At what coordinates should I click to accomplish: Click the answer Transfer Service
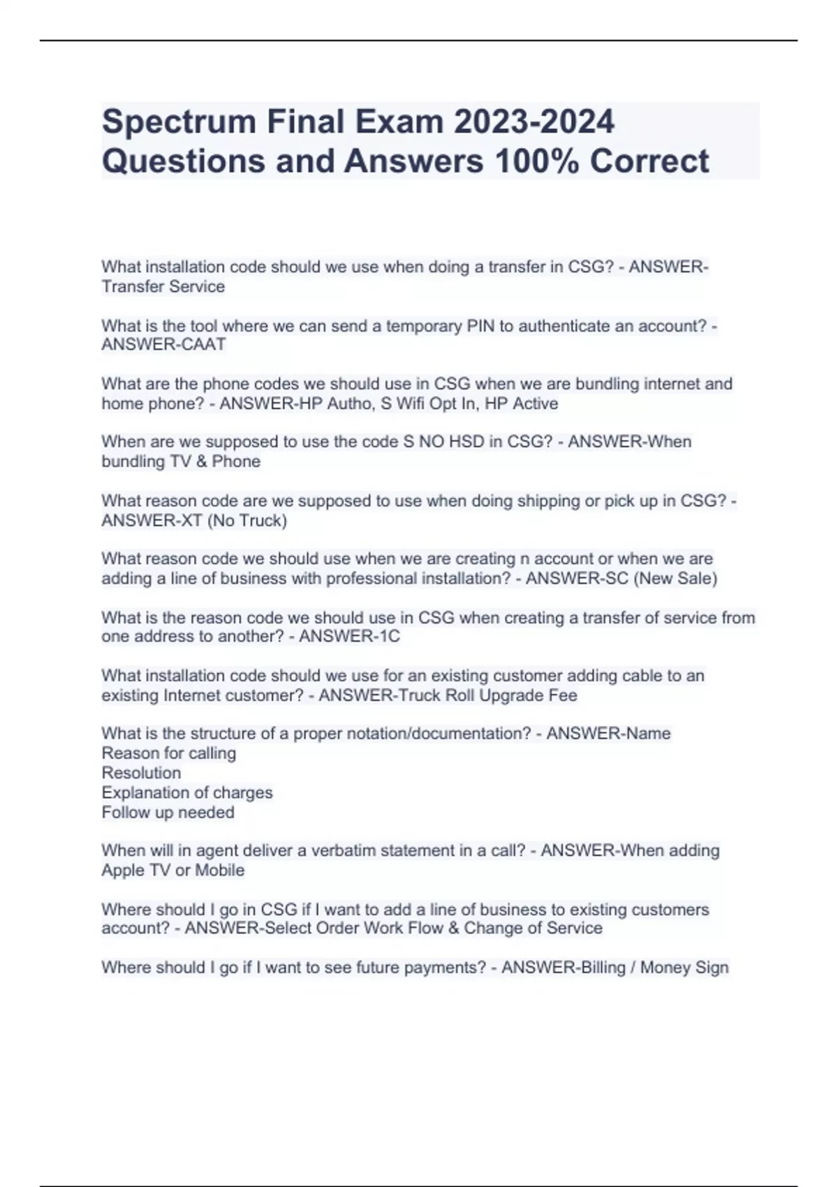click(163, 286)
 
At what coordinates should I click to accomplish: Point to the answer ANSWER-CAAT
click(163, 344)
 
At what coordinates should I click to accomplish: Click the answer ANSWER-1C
click(349, 636)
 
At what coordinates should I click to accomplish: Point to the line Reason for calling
click(168, 753)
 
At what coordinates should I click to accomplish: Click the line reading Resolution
click(141, 773)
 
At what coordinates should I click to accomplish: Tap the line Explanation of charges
click(186, 792)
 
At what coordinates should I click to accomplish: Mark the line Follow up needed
click(168, 812)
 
